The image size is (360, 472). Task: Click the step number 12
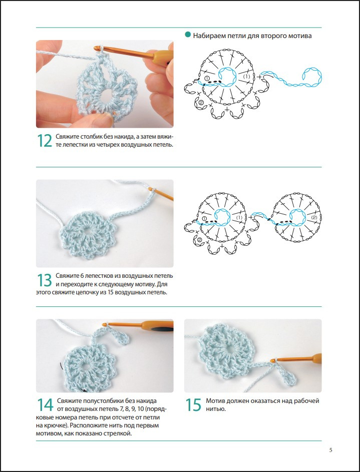coord(44,141)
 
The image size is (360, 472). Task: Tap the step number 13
coord(44,280)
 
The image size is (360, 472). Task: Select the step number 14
coord(45,405)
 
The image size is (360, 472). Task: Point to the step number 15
coord(193,405)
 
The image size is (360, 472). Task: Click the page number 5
coord(331,450)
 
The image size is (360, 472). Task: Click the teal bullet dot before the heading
coord(188,35)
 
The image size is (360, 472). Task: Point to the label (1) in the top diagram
coord(246,77)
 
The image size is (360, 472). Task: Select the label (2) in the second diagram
coord(314,217)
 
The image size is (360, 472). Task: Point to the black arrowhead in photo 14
coord(85,390)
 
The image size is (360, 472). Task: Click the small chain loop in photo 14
coord(123,338)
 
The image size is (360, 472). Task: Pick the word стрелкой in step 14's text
coord(119,434)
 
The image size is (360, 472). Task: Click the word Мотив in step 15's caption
coord(216,401)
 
